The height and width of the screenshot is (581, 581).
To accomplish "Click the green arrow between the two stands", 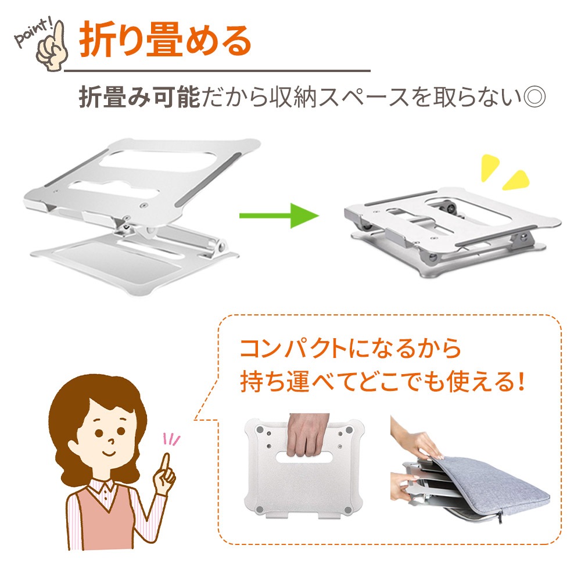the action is click(x=279, y=216).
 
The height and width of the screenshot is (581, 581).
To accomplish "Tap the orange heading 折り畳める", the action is click(x=165, y=40).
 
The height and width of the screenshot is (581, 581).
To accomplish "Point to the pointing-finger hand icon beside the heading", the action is click(x=53, y=47).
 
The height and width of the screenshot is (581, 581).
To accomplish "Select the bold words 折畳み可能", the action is click(x=139, y=97).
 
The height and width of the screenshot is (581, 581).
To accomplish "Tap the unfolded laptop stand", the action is click(x=143, y=215).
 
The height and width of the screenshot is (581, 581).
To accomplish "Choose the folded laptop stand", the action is click(x=453, y=233).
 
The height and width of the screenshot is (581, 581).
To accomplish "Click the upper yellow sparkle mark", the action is click(x=489, y=167).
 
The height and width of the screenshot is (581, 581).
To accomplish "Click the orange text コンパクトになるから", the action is click(x=350, y=348).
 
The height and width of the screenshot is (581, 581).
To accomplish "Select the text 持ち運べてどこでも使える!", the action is click(x=382, y=382).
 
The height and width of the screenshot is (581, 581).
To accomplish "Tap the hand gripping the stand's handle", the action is click(x=307, y=435).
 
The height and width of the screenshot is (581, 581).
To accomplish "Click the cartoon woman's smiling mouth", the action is click(x=108, y=453).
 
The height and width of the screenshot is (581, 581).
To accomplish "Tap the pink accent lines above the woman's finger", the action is click(x=171, y=440).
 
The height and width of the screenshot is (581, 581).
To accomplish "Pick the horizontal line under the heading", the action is click(x=217, y=70).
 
